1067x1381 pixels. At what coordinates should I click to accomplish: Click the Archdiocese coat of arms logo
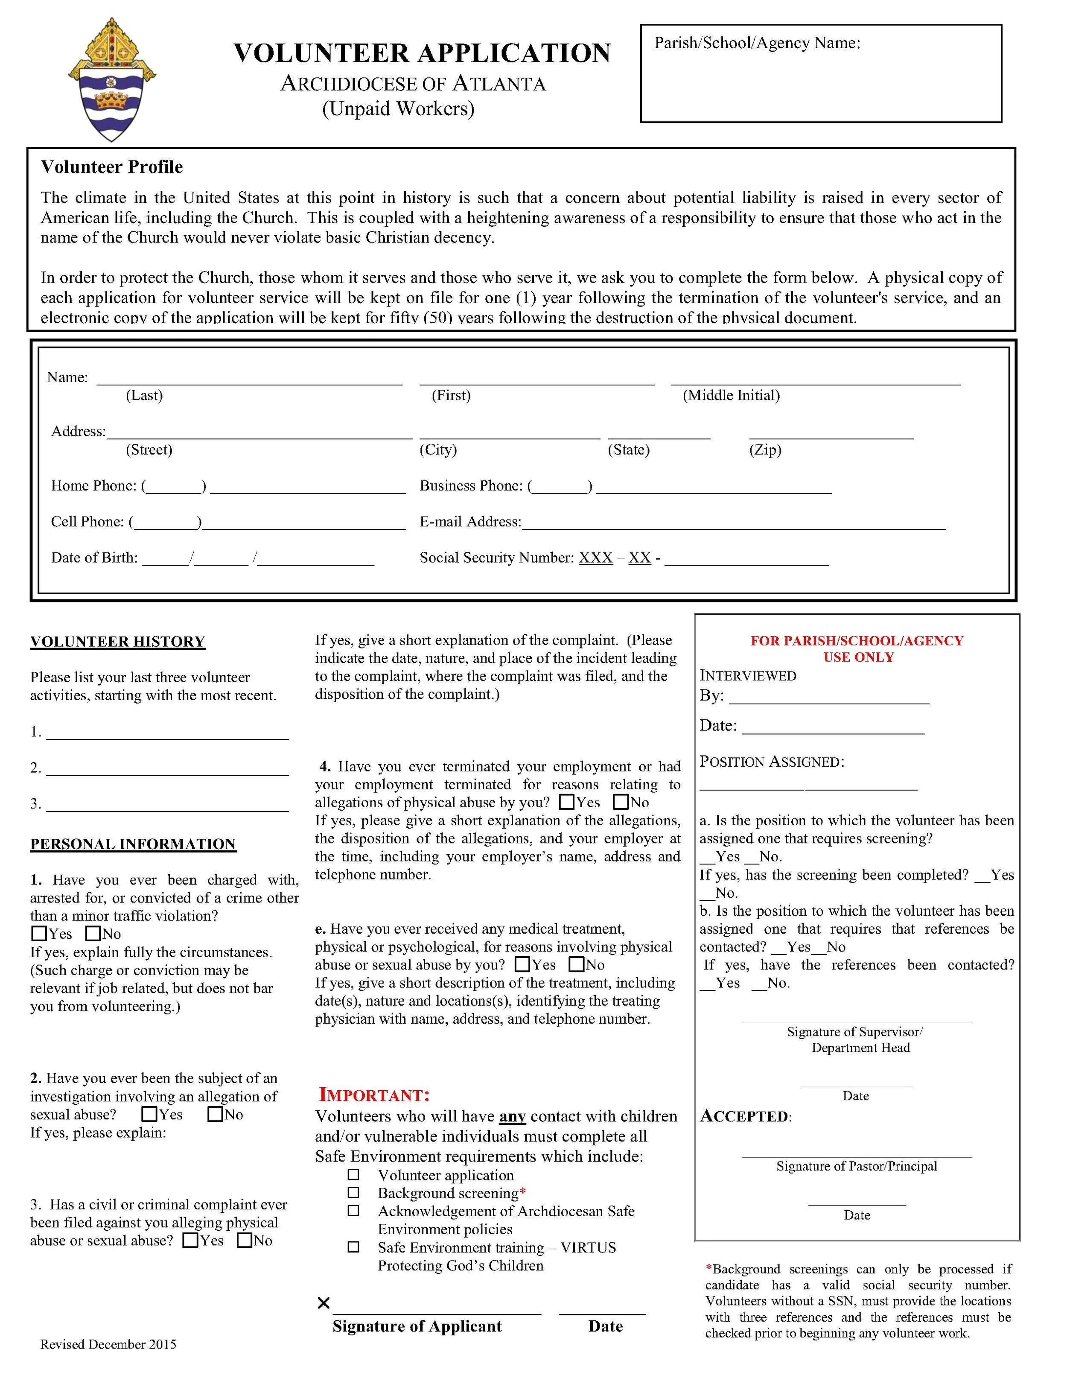[x=112, y=80]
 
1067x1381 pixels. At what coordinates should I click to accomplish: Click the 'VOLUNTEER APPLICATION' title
[x=422, y=53]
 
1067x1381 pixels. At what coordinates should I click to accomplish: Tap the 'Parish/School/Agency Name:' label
[x=757, y=43]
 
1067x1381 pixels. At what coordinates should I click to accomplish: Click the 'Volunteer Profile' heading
[x=112, y=167]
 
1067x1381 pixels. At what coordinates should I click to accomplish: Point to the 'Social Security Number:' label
[x=496, y=558]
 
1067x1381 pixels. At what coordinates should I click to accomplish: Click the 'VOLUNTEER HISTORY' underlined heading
[x=117, y=642]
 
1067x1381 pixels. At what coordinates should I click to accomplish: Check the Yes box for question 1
[x=39, y=933]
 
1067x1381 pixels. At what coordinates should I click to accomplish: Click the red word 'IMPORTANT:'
[x=374, y=1095]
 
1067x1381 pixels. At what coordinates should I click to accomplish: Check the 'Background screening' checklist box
[x=353, y=1193]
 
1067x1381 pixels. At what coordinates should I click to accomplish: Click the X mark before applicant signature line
[x=323, y=1303]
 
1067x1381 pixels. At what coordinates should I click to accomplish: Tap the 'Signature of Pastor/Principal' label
[x=857, y=1166]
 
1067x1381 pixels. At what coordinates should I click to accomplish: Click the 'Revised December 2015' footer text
[x=108, y=1344]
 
